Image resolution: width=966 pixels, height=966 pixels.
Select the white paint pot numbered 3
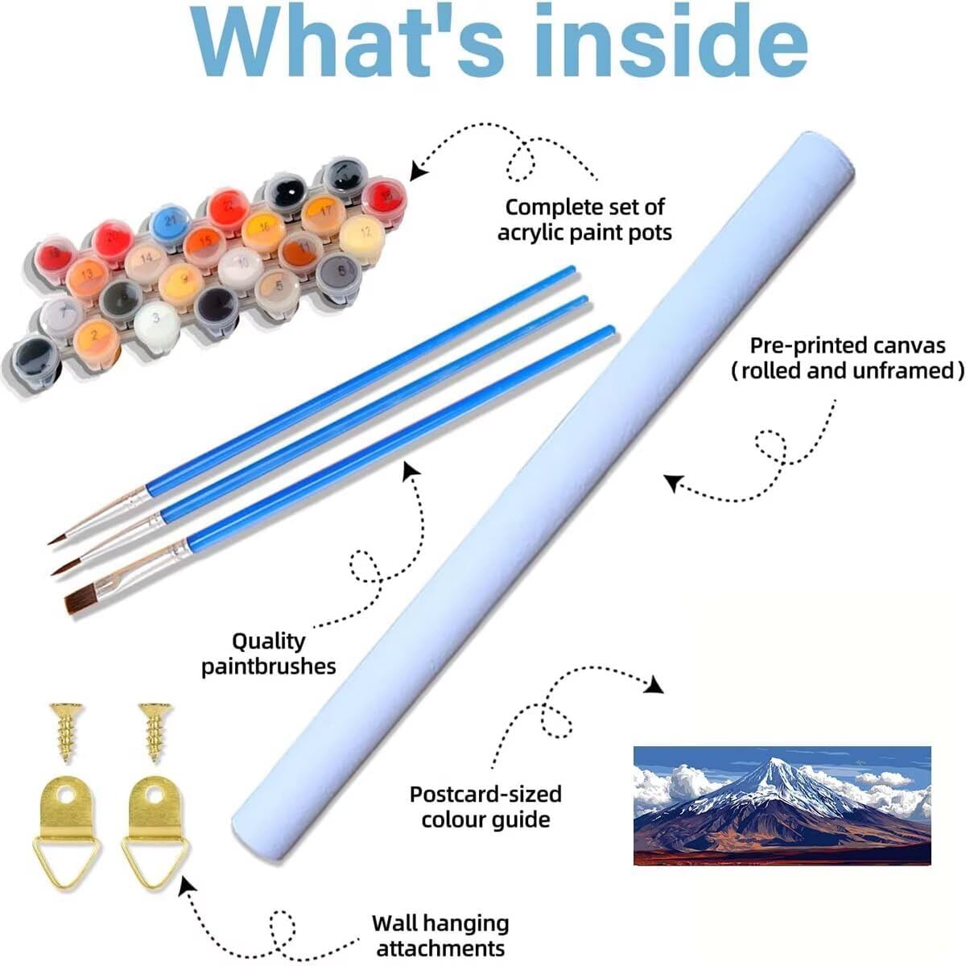tap(156, 319)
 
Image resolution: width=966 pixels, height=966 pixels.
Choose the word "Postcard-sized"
tap(485, 794)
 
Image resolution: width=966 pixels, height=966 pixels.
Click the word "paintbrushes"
tap(269, 666)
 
